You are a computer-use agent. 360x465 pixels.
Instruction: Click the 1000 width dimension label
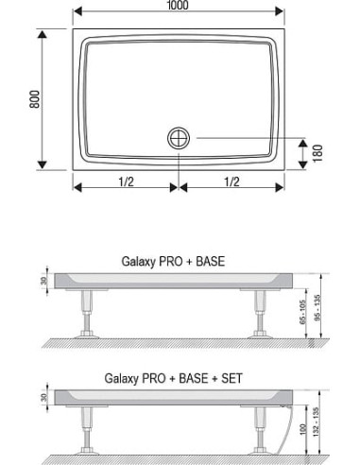coord(178,5)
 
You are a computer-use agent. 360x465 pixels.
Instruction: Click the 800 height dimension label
coord(35,99)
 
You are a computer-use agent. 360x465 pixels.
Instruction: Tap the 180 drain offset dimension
coord(318,153)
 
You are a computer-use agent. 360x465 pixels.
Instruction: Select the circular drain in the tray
coord(179,138)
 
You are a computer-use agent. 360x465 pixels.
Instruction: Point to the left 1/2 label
coord(127,181)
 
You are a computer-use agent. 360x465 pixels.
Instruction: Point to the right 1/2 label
coord(231,181)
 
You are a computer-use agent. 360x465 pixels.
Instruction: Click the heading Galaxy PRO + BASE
coord(173,262)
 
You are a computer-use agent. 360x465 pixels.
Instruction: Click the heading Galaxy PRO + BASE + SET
coord(173,378)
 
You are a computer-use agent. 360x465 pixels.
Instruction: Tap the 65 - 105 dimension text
coord(302,312)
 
